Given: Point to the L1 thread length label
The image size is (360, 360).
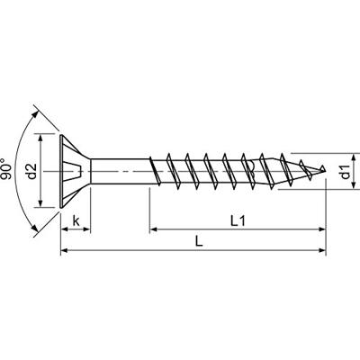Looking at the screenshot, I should pos(237,219).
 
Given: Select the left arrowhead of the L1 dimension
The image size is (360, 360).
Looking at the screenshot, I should pos(154,229).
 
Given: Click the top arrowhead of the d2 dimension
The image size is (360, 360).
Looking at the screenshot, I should pos(40,138).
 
